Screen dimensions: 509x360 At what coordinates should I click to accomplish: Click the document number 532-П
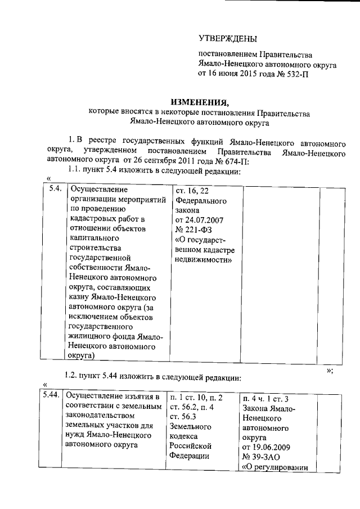point(295,73)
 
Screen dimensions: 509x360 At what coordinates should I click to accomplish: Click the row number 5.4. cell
point(55,189)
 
